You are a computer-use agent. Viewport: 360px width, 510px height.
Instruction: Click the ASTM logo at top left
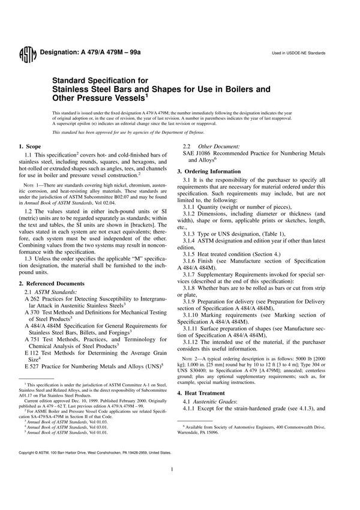27,53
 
